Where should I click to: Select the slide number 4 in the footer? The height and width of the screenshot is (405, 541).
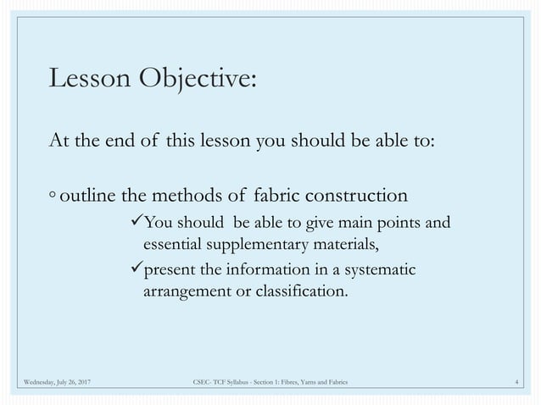coord(517,384)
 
